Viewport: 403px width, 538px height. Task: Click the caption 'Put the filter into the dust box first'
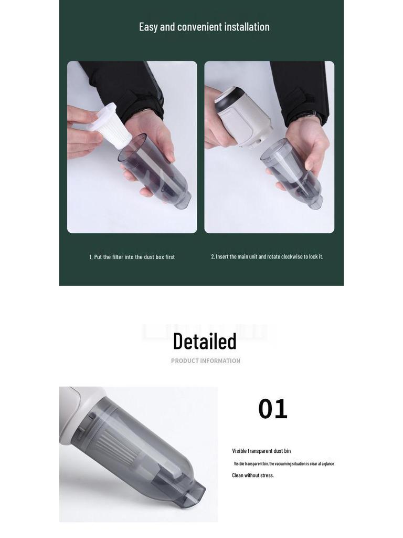point(132,257)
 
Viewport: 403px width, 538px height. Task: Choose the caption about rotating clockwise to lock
point(267,256)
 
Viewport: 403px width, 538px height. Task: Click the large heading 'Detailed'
point(205,342)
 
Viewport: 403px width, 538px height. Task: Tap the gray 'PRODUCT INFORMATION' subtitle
point(206,361)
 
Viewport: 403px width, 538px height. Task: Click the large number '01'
point(273,409)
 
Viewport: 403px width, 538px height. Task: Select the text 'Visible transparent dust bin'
point(261,451)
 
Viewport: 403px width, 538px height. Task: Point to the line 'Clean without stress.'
point(253,475)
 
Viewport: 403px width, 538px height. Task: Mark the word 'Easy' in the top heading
point(149,27)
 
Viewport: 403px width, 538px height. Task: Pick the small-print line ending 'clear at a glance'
point(284,464)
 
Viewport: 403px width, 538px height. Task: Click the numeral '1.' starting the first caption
point(91,257)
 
